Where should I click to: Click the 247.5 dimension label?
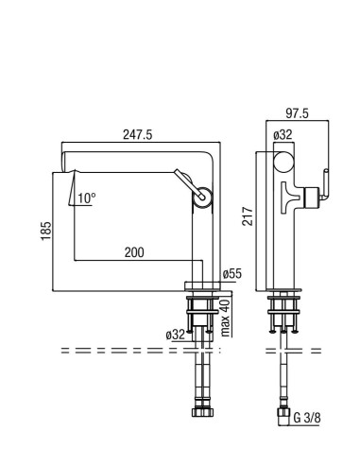tap(137, 135)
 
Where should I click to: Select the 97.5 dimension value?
tap(297, 113)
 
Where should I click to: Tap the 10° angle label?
tap(87, 198)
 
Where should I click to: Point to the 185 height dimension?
tap(46, 231)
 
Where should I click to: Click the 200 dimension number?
tap(134, 252)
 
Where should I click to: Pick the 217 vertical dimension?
tap(248, 216)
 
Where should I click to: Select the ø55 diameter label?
tap(232, 274)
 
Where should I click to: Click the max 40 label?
tap(226, 318)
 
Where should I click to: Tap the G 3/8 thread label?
tap(307, 418)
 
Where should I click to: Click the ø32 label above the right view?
tap(283, 135)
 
